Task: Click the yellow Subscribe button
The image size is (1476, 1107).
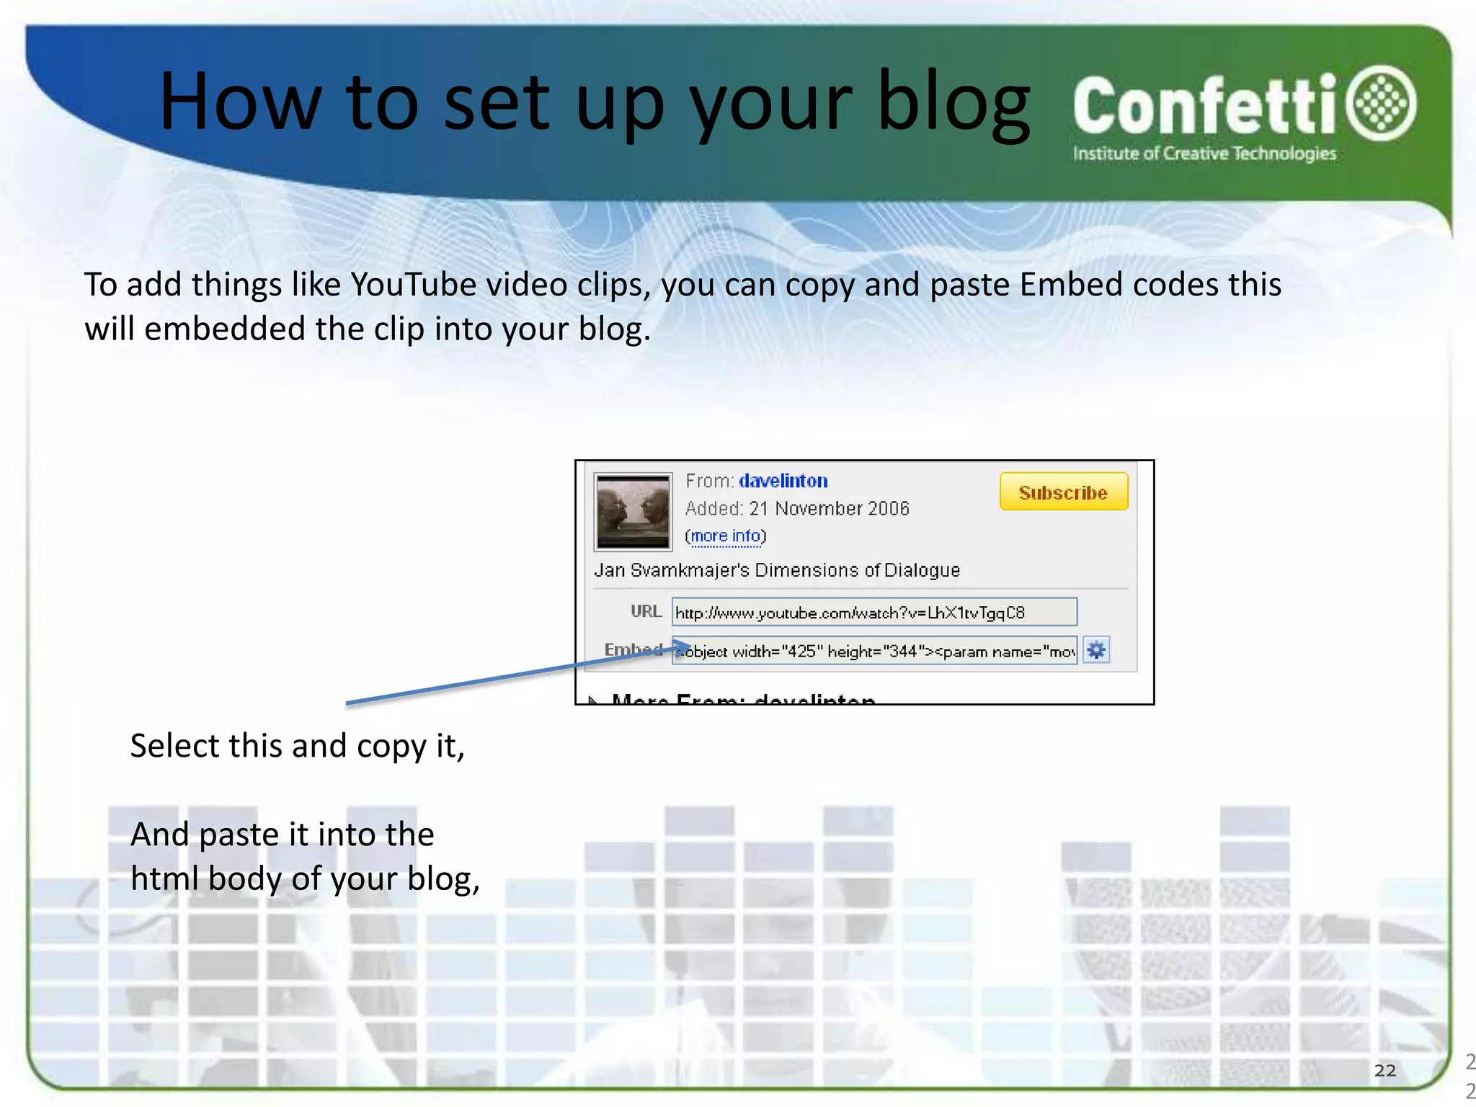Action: click(1063, 492)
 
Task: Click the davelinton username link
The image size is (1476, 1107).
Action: click(783, 481)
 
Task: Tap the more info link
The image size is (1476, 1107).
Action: click(726, 536)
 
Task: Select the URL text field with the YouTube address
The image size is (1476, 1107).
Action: click(873, 613)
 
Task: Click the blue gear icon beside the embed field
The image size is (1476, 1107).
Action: click(1096, 651)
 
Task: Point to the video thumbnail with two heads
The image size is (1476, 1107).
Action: click(633, 511)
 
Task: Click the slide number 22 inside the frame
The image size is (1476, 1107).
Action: click(1384, 1070)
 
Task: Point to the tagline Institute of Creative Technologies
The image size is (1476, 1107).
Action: click(1204, 154)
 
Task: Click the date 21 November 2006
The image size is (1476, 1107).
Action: click(829, 509)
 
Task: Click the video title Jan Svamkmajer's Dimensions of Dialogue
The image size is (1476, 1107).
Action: click(776, 570)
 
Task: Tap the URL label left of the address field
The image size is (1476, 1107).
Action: click(646, 612)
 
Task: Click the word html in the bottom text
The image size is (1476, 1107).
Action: click(163, 879)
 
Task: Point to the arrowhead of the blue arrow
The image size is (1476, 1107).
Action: click(685, 645)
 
